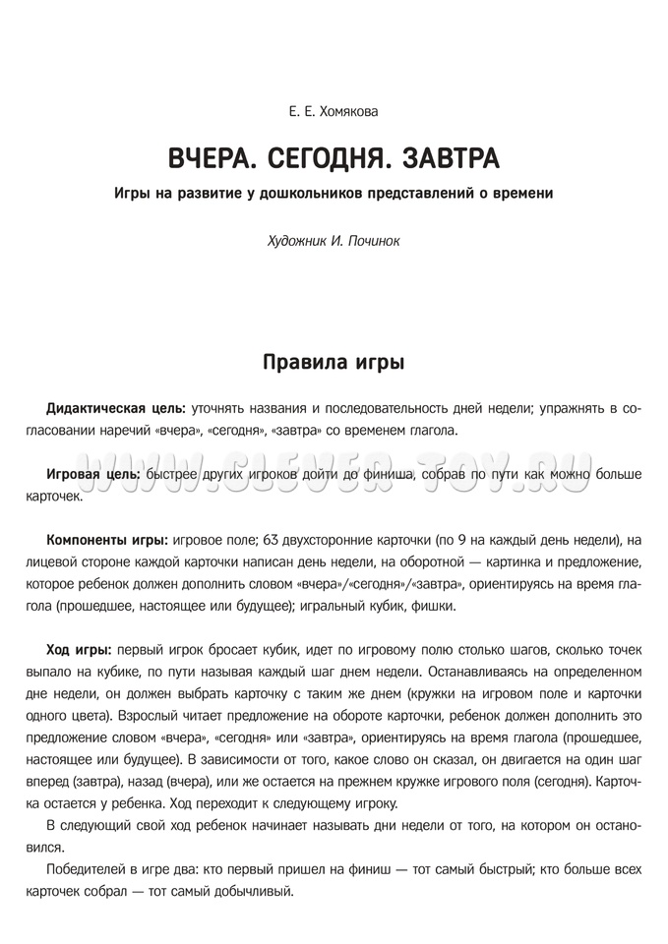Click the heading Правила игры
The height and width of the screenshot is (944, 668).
coord(334,362)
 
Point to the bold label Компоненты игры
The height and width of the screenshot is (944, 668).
coord(107,540)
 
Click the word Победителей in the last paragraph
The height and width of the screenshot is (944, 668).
coord(91,870)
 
